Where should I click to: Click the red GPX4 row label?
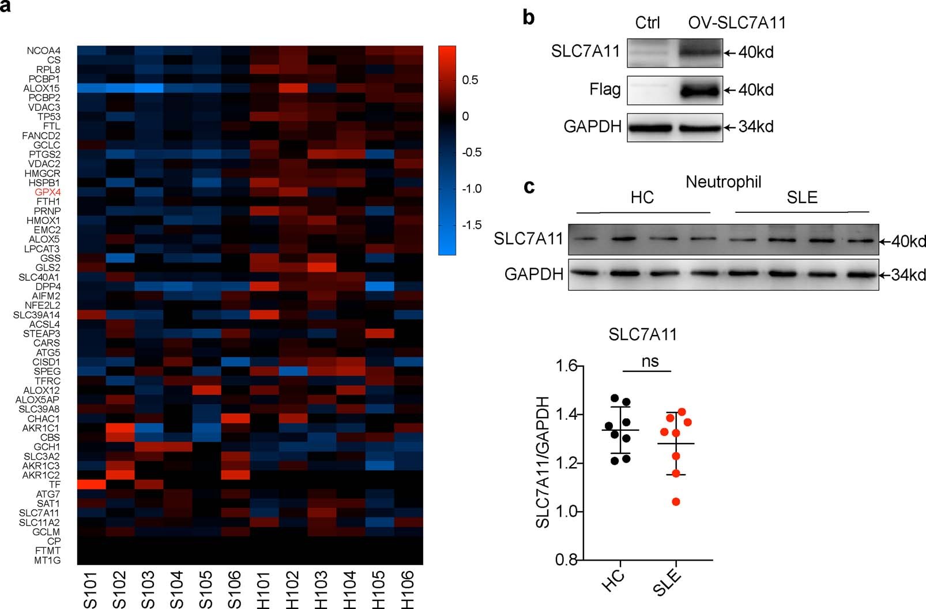[47, 192]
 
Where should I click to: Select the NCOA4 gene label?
[43, 51]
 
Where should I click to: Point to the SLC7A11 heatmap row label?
[39, 513]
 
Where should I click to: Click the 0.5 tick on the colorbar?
[470, 80]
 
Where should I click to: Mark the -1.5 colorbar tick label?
[472, 225]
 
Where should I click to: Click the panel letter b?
[528, 18]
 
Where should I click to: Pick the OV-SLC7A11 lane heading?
[736, 23]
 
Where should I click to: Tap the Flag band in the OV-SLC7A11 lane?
[699, 91]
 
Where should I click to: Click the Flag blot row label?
[605, 89]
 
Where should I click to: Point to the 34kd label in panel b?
[756, 127]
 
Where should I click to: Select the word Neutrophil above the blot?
[723, 182]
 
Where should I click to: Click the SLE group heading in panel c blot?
[801, 198]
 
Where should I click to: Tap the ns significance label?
[650, 362]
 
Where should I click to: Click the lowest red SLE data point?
[676, 502]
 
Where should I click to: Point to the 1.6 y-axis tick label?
[566, 366]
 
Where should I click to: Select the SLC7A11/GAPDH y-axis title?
[542, 462]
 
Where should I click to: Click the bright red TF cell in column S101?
[91, 484]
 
